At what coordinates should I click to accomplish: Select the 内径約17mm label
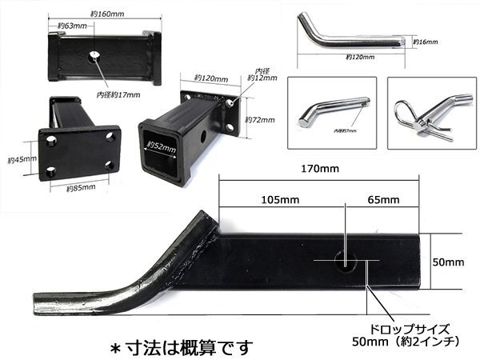114,95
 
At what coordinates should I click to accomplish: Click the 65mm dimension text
384,198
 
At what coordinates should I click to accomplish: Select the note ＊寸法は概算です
180,347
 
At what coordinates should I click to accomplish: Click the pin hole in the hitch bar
345,260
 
